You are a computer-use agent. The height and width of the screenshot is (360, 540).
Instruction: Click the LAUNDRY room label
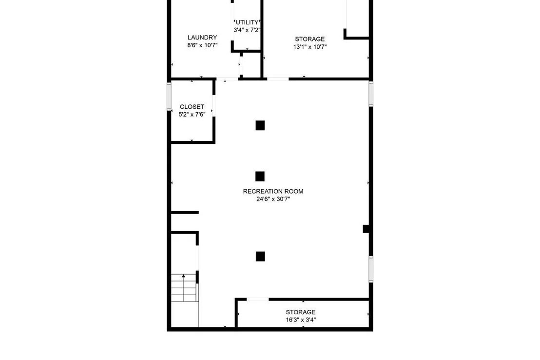202,37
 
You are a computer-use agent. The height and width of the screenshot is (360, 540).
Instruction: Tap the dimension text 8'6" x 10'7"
203,45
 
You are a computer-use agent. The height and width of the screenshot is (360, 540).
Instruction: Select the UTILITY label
247,22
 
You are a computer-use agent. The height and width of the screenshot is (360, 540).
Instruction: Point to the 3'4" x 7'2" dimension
247,30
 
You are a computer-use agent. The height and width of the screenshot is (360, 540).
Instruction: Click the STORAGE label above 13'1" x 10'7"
309,39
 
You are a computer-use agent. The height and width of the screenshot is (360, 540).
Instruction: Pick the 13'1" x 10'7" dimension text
310,47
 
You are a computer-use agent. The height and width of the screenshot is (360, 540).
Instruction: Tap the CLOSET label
192,107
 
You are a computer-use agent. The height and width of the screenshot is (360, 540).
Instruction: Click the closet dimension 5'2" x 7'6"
192,115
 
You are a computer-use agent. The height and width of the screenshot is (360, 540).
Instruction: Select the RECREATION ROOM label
273,191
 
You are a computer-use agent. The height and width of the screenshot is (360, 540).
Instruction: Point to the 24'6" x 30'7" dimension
273,199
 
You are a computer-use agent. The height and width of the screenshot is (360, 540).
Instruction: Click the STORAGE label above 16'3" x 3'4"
300,312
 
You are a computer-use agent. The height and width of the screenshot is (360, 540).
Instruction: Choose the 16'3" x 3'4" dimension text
301,320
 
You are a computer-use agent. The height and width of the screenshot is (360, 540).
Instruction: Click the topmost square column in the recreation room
260,125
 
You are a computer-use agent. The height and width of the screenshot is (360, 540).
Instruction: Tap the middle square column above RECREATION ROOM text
260,176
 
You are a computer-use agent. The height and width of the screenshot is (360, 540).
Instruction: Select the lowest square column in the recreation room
260,257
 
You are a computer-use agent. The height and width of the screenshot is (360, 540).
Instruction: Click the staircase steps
185,288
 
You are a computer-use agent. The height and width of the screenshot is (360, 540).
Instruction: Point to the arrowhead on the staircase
184,276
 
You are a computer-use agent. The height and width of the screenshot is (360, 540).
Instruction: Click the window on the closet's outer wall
169,96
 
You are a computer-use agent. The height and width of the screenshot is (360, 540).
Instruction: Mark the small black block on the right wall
366,229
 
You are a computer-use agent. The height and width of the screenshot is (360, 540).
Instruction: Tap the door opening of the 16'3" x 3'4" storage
258,300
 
